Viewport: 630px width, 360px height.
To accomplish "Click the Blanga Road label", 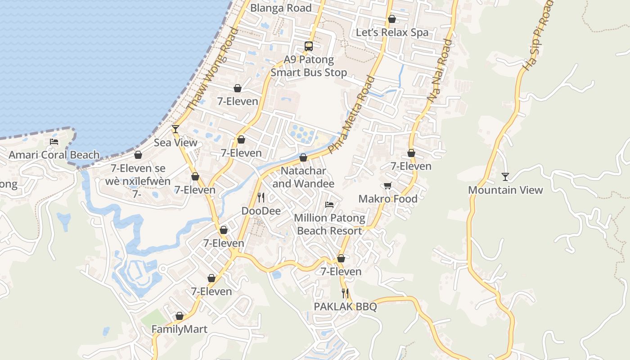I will [281, 8].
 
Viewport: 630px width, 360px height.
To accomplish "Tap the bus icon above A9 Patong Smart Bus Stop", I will [308, 46].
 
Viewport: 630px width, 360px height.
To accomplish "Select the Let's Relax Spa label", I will [392, 32].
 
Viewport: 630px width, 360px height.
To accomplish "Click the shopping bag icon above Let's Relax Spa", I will [392, 19].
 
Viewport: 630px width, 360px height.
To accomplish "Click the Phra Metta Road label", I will [351, 115].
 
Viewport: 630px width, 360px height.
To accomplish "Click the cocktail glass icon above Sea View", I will [175, 129].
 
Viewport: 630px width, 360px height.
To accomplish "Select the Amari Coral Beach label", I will [54, 155].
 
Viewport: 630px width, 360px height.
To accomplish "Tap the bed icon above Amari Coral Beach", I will [54, 142].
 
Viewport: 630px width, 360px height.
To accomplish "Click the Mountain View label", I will [505, 190].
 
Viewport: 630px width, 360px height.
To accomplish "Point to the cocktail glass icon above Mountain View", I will [505, 176].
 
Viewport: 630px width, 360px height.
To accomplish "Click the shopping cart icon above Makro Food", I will [388, 186].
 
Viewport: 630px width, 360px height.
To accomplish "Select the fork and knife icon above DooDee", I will [261, 198].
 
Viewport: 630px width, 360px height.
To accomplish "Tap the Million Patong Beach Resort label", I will [329, 224].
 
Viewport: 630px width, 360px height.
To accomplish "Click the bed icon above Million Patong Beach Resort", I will [329, 205].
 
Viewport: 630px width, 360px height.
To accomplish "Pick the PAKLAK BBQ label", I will [345, 307].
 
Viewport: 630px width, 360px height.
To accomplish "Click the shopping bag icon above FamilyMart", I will [180, 316].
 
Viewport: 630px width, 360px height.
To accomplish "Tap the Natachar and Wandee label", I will [303, 177].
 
